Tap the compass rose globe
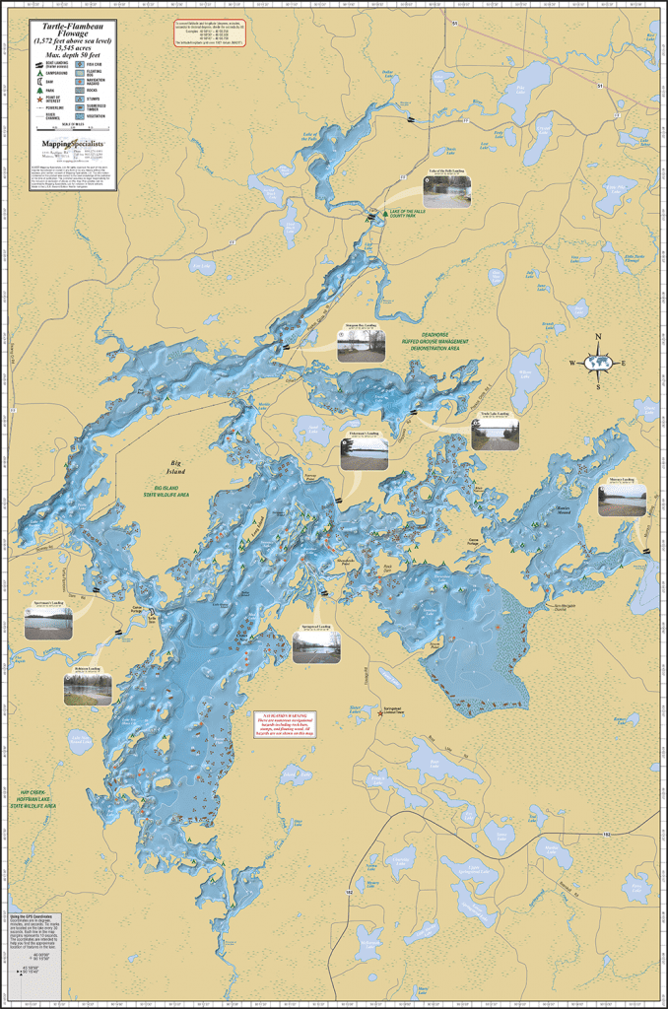click(x=597, y=363)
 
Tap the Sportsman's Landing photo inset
click(x=48, y=623)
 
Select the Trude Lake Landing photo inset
click(x=495, y=434)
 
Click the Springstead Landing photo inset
click(x=316, y=645)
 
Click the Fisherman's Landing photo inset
click(x=364, y=451)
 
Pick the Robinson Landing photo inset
click(x=88, y=688)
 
